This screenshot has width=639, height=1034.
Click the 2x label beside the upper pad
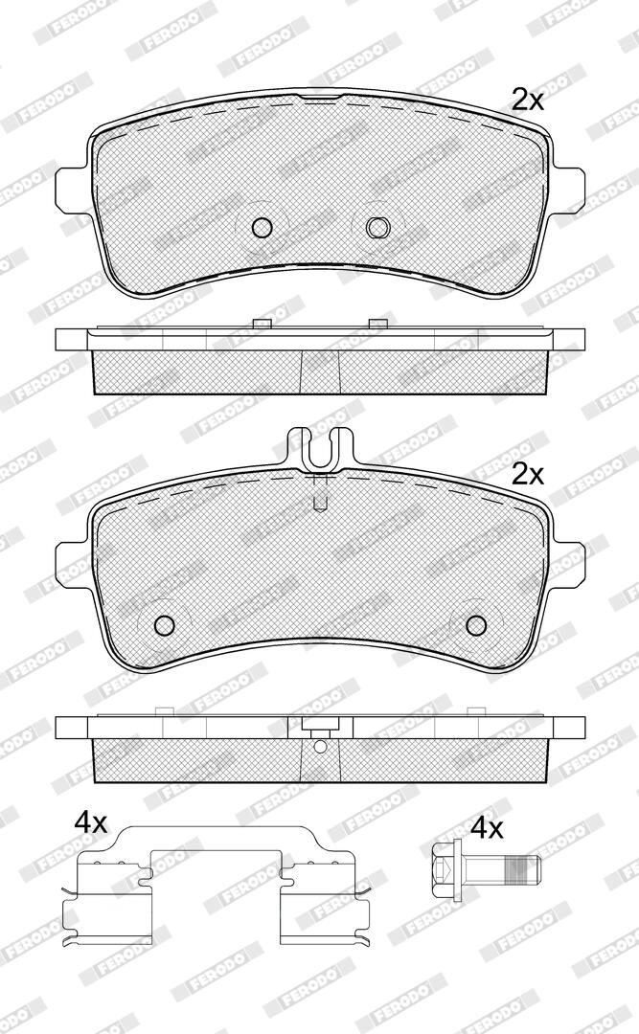528,101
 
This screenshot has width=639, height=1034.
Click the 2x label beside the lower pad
528,474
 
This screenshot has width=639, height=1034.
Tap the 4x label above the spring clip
90,822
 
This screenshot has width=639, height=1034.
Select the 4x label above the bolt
488,828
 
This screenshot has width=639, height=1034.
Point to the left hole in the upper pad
262,228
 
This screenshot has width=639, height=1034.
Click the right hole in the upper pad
378,228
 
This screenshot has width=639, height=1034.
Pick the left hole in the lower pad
163,624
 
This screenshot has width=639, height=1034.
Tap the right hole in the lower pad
475,624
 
